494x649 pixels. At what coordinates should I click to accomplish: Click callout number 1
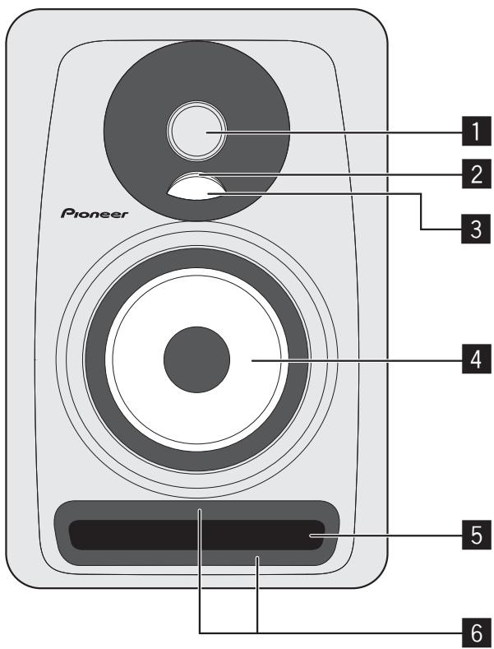pyautogui.click(x=470, y=132)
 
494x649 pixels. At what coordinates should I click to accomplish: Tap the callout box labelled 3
pyautogui.click(x=470, y=230)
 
